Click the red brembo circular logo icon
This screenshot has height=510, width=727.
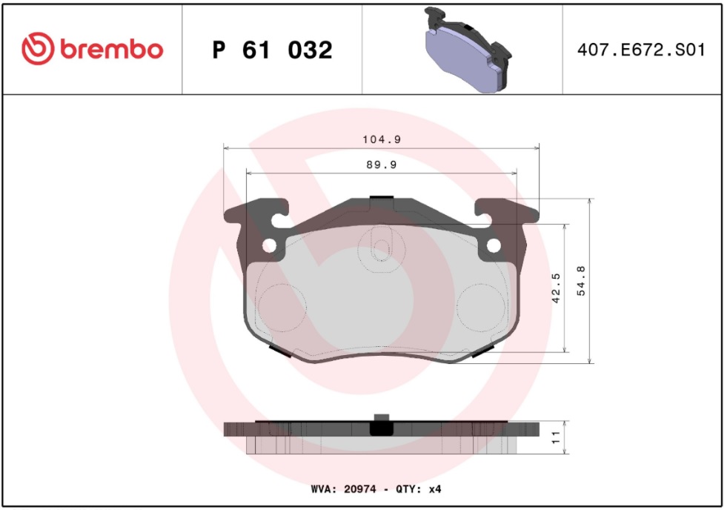tap(38, 49)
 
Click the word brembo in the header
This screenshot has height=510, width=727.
tap(111, 49)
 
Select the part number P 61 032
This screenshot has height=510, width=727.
tap(272, 50)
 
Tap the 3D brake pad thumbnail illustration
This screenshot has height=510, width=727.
tap(468, 50)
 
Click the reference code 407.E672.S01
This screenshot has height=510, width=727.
tap(641, 50)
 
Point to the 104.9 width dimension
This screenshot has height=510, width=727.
tap(382, 139)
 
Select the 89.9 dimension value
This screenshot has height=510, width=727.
tap(382, 165)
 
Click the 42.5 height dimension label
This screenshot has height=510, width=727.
tap(556, 288)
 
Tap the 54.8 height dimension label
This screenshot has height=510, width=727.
tap(581, 281)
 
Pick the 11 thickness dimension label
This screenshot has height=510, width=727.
tap(556, 437)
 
